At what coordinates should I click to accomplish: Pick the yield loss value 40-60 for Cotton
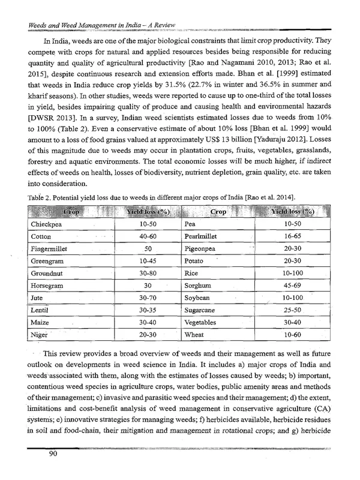pyautogui.click(x=148, y=237)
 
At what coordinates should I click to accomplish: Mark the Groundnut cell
pyautogui.click(x=49, y=266)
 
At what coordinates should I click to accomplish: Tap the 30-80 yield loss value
pyautogui.click(x=148, y=266)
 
